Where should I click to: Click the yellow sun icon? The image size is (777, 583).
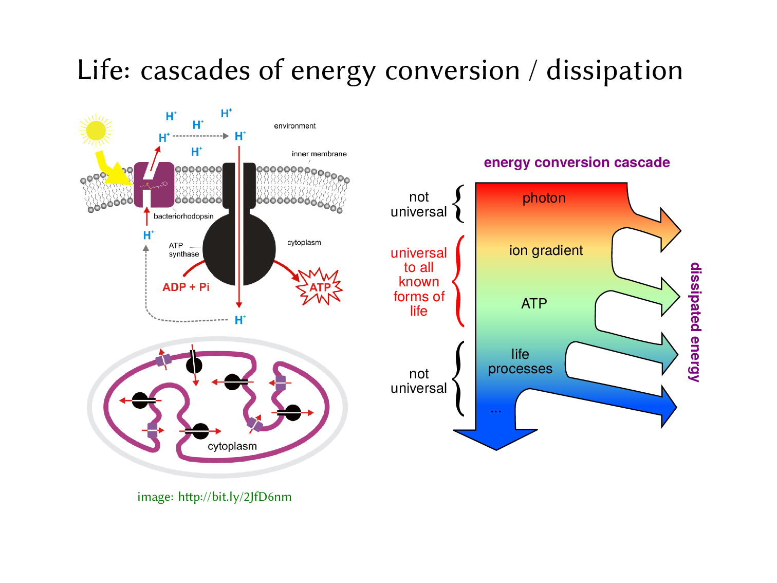[x=96, y=131]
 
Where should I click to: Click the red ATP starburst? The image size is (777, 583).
[x=320, y=287]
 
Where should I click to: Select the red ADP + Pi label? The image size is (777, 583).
[x=186, y=287]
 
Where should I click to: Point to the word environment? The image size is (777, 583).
[x=294, y=126]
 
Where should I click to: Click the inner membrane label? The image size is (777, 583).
[x=319, y=154]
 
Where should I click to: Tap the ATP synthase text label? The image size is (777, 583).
[x=183, y=250]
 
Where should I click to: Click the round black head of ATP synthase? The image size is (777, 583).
[x=239, y=249]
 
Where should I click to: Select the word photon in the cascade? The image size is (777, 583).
[x=544, y=198]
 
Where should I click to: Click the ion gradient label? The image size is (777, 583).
[x=546, y=250]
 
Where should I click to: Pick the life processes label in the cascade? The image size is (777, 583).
[x=520, y=361]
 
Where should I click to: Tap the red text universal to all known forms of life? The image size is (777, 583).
[x=419, y=282]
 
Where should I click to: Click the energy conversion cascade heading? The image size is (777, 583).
[x=577, y=162]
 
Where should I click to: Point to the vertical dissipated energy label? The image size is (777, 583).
[x=695, y=322]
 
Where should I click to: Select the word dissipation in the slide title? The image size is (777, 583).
[x=614, y=70]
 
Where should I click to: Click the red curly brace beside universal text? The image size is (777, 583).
[x=458, y=281]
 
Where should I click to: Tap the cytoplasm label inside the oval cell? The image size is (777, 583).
[x=232, y=446]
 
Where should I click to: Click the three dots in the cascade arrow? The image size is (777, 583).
[x=495, y=411]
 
